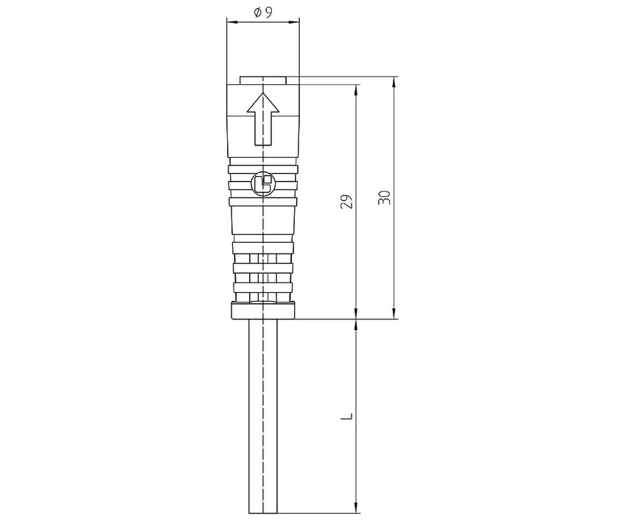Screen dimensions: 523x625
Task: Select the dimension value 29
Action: coord(348,201)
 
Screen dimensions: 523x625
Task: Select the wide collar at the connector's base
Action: coord(262,311)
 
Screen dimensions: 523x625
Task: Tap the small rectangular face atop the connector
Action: coord(263,80)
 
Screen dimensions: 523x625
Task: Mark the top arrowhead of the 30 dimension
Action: coord(394,81)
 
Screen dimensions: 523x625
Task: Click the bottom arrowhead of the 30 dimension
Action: coord(394,315)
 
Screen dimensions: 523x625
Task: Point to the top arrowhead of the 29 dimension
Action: coord(356,88)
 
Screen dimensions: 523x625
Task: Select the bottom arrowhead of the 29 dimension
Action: coord(356,315)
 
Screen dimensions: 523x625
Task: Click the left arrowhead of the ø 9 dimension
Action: coord(230,23)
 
